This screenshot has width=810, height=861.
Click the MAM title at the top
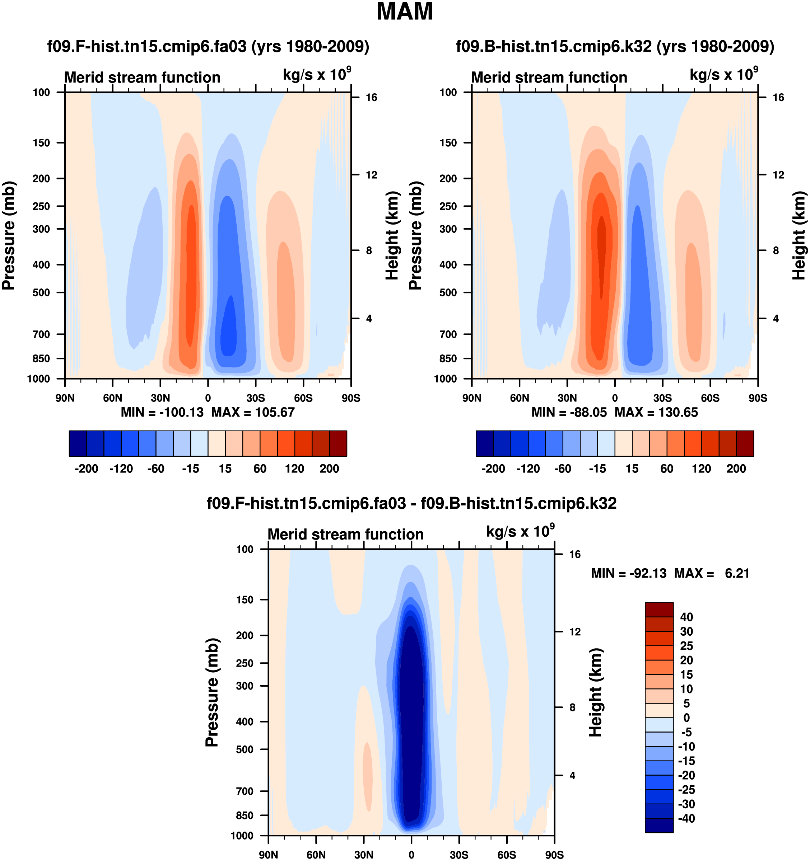tap(404, 12)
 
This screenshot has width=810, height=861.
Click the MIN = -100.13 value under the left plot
tap(162, 412)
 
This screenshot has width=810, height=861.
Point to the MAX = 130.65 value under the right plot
tap(656, 412)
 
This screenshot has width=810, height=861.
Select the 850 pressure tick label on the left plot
tap(41, 359)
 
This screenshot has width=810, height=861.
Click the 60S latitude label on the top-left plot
tap(303, 398)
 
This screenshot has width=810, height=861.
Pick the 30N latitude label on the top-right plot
tap(567, 398)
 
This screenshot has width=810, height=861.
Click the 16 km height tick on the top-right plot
tap(778, 98)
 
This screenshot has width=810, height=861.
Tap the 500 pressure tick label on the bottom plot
tap(245, 749)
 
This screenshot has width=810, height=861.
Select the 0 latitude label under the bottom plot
tap(411, 855)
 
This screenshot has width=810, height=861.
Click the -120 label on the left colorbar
tap(121, 469)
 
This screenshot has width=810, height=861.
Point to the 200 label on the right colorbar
tap(736, 469)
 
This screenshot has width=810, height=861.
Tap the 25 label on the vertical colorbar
tap(686, 646)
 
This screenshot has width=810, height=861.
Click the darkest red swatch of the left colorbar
tap(338, 443)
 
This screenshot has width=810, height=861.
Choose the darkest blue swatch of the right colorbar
tap(484, 443)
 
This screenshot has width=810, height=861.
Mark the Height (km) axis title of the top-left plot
tap(392, 236)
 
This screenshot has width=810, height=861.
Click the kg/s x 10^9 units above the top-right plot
tap(724, 75)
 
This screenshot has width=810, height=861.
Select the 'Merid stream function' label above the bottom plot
tap(345, 535)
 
